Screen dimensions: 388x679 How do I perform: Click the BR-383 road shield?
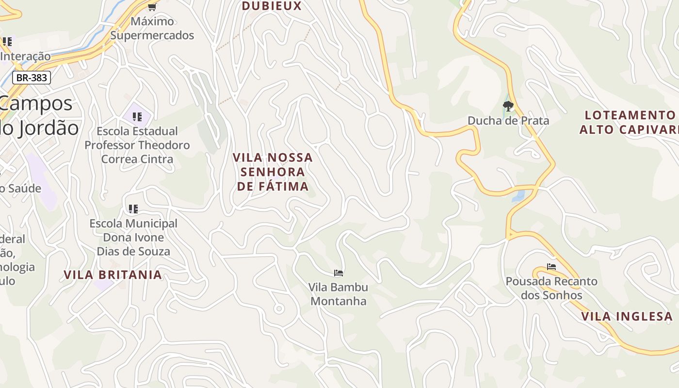click(32, 78)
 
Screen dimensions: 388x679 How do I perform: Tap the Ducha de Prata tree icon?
click(508, 106)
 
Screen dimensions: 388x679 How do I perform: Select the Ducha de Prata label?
click(508, 121)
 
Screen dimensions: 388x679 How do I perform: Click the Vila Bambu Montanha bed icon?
click(339, 273)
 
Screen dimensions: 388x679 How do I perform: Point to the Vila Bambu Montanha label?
click(339, 294)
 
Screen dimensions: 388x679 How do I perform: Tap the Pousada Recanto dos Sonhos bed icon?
click(551, 267)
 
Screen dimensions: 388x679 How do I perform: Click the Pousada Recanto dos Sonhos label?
click(551, 288)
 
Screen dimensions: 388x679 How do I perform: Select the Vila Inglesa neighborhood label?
click(627, 317)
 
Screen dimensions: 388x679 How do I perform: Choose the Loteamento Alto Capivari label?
click(629, 122)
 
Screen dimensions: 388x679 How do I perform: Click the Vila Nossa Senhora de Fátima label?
click(273, 172)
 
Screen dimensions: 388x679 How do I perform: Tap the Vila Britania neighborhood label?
click(113, 275)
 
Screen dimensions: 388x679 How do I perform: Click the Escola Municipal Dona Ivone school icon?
click(133, 209)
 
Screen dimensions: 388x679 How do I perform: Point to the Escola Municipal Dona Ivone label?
click(133, 237)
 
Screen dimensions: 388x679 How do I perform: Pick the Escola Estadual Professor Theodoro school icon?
click(137, 116)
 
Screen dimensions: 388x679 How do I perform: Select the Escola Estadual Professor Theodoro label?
click(137, 145)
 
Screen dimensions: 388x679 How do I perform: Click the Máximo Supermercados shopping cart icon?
click(152, 7)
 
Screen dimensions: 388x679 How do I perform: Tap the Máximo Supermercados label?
click(152, 28)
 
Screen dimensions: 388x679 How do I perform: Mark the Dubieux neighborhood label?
click(272, 6)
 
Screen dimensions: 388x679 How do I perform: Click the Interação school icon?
click(7, 42)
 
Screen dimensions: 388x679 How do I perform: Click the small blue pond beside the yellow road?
click(518, 196)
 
